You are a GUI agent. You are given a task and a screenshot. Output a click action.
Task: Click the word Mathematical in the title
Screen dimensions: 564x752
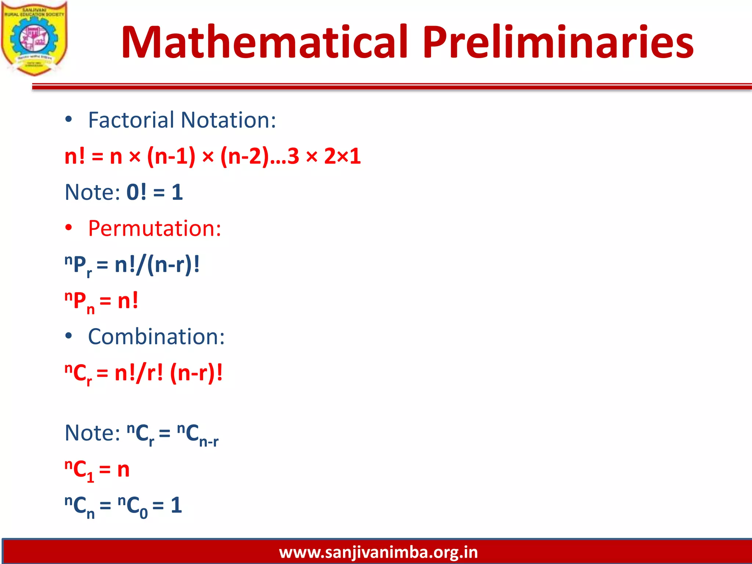click(264, 42)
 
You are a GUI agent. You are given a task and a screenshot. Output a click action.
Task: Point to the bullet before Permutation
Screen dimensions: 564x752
click(69, 228)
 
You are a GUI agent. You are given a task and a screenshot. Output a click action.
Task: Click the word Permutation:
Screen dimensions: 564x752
click(155, 228)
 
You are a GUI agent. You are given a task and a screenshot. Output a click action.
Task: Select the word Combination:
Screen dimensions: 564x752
click(156, 337)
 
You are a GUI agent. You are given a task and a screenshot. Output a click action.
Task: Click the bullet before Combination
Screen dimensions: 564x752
click(69, 336)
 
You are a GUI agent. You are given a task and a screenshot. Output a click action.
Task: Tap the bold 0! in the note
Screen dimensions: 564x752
click(136, 192)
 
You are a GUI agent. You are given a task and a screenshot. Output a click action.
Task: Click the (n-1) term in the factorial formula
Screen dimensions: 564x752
click(171, 156)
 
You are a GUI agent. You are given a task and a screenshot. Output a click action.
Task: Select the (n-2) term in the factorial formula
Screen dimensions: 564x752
click(245, 156)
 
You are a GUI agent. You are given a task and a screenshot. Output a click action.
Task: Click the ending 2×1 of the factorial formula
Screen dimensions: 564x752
click(342, 156)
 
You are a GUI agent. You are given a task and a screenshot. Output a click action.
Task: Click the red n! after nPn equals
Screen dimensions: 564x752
click(128, 301)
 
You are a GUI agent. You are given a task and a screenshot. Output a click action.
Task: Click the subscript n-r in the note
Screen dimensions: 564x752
click(209, 441)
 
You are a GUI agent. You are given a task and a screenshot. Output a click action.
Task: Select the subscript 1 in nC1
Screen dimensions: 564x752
click(90, 477)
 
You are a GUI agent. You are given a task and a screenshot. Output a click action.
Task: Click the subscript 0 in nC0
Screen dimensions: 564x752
click(144, 513)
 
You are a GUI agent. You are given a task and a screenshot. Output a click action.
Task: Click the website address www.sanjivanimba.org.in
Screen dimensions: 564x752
click(378, 552)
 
